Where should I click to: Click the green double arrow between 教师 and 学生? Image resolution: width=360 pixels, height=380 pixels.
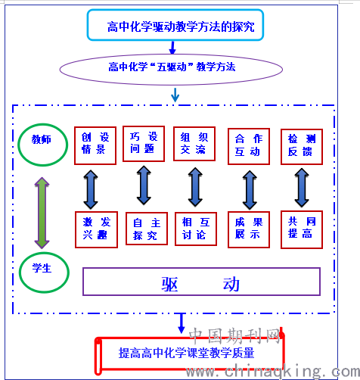click(x=42, y=213)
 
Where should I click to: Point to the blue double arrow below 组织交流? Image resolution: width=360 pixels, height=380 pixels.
click(x=195, y=187)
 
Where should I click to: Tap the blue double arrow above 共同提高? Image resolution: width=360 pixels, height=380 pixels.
click(x=302, y=188)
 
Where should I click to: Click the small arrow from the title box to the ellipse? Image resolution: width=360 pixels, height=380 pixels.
click(x=172, y=48)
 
